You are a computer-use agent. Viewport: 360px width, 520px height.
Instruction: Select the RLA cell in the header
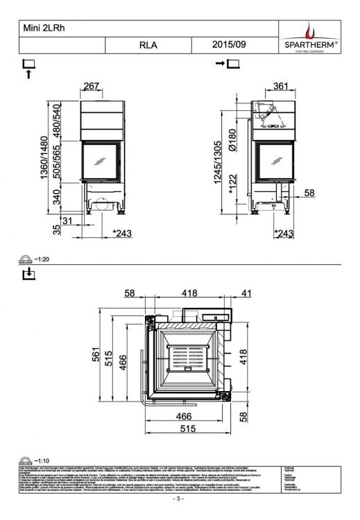(148, 46)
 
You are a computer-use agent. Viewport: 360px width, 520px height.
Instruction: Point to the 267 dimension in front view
(92, 85)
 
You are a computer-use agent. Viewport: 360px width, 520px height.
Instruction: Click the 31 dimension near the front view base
(67, 220)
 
